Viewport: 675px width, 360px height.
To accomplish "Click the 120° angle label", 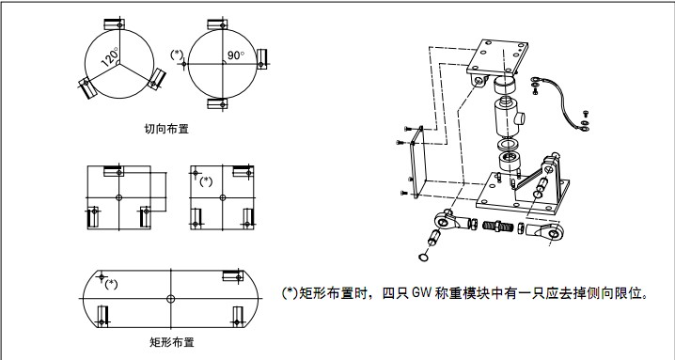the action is point(110,57).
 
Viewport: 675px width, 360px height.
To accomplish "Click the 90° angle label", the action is point(235,55).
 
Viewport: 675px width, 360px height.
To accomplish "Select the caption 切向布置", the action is point(166,129).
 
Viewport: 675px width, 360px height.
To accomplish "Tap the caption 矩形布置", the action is point(172,342).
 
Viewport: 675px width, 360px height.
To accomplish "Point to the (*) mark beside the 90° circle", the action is point(177,55).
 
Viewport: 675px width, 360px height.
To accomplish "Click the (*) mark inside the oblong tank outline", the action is point(111,284).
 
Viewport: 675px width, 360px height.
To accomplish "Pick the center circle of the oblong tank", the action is point(170,298).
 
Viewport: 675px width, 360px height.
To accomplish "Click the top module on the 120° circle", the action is point(115,24).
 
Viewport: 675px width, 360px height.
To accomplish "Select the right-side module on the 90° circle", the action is point(261,59).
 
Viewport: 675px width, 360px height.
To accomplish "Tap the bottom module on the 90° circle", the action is point(217,103).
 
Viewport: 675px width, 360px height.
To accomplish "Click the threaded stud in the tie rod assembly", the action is point(498,227).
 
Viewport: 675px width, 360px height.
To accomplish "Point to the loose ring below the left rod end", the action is point(423,258).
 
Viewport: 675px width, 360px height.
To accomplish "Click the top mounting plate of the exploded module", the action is point(497,57).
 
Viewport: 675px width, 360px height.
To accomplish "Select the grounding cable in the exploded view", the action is point(559,102).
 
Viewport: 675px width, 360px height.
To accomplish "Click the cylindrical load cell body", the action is point(509,117).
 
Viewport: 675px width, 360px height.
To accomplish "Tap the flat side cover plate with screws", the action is point(417,163).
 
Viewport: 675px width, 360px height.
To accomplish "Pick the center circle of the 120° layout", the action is point(118,63).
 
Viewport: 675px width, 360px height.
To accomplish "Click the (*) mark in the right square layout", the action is point(206,181).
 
